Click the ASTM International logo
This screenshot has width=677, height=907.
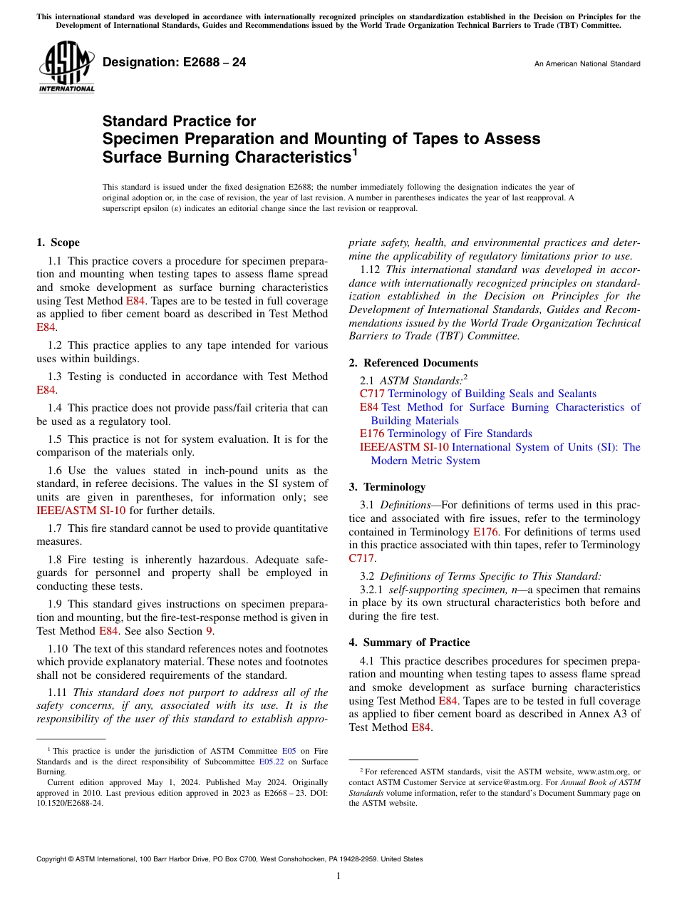point(66,67)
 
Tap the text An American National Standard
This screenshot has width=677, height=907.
point(587,64)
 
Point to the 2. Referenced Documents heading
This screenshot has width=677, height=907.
point(413,363)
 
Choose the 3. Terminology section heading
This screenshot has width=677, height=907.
point(387,487)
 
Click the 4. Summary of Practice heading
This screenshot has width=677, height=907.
point(409,642)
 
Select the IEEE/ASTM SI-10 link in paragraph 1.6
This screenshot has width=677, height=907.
point(81,511)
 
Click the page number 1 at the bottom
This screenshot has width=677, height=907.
point(338,876)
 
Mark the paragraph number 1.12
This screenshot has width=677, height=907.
point(371,270)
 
